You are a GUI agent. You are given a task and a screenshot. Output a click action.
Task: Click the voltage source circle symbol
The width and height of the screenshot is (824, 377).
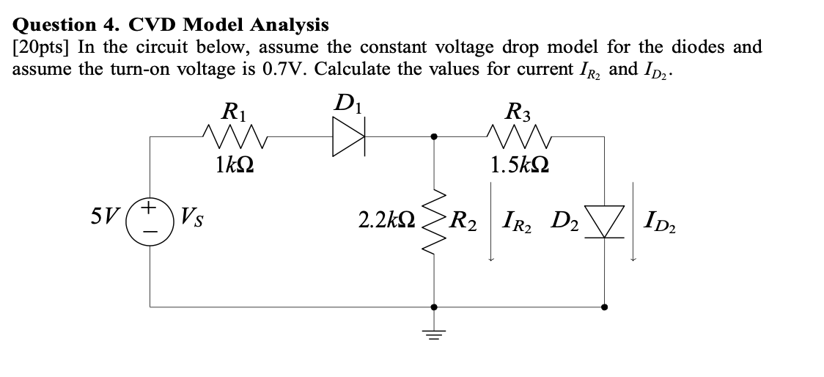coord(150,219)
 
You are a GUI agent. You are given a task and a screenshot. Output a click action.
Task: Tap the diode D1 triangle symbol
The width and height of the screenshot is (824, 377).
coord(347,136)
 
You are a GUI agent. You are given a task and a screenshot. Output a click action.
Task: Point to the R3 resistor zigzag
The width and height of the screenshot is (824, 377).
coord(515,136)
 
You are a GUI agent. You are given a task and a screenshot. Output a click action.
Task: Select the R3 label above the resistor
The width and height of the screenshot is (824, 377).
coord(519,112)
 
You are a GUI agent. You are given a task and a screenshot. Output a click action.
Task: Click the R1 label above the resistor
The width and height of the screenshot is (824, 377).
coord(234,112)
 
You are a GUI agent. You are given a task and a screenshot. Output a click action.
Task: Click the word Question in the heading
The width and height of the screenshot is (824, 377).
coord(56,26)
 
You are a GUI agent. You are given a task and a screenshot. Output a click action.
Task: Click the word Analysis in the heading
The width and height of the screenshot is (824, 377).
coord(289,26)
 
